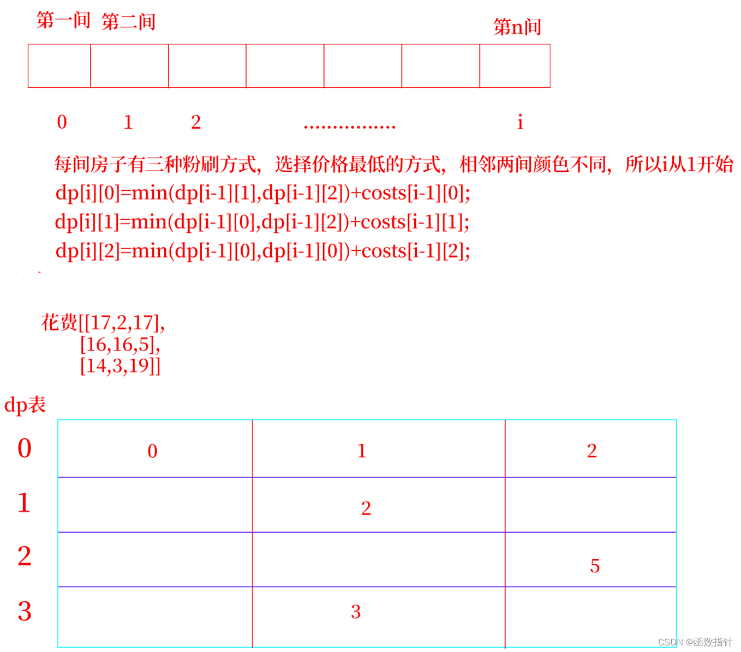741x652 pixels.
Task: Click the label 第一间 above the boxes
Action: tap(63, 20)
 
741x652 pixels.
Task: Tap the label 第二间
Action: tap(129, 22)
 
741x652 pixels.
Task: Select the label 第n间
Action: tap(517, 27)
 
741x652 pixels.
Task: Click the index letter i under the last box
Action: tap(520, 122)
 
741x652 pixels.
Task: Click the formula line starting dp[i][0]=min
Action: tap(262, 193)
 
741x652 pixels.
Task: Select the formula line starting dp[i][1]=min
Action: tap(262, 222)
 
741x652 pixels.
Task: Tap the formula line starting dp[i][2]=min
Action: tap(262, 251)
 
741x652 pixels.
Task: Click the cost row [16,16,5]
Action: tap(120, 345)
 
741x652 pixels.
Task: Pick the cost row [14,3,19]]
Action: tap(120, 366)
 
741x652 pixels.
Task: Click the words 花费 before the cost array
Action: tap(59, 323)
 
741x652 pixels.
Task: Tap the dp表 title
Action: tap(25, 405)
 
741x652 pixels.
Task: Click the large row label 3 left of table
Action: tap(25, 611)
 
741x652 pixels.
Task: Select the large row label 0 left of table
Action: tap(25, 448)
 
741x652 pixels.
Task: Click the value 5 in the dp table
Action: tap(595, 566)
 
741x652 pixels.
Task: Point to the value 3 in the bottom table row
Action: tap(356, 612)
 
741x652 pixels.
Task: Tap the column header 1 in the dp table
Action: tap(362, 451)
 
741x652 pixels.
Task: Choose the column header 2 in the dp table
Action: tap(592, 451)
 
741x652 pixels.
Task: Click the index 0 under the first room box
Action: tap(62, 122)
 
